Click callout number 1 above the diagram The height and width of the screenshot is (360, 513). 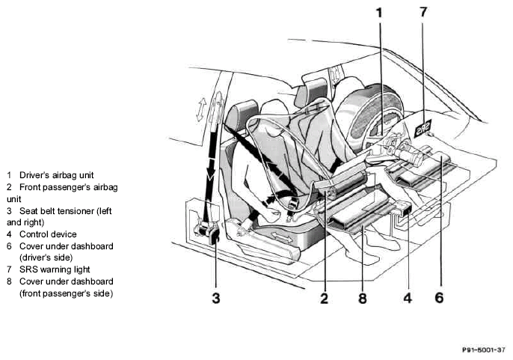[x=379, y=13]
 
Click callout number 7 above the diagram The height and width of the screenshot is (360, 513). [x=423, y=12]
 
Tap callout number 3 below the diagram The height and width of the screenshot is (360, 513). [x=216, y=299]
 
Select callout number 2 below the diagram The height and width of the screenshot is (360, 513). [x=324, y=299]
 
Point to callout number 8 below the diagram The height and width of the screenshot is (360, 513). [x=363, y=299]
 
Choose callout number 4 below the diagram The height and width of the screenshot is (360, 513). [x=408, y=298]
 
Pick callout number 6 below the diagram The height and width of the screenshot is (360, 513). [x=439, y=297]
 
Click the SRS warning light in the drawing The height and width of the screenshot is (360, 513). [x=423, y=128]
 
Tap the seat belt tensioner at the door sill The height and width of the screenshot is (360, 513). [x=206, y=231]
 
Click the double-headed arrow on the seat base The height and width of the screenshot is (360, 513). [x=281, y=237]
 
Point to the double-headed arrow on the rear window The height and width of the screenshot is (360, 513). [x=201, y=110]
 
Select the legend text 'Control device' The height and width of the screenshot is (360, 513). [x=48, y=234]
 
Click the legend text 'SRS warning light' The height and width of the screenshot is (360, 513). [x=55, y=269]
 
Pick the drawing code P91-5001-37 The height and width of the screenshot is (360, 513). [x=484, y=350]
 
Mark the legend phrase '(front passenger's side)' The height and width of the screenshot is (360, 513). [x=66, y=293]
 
